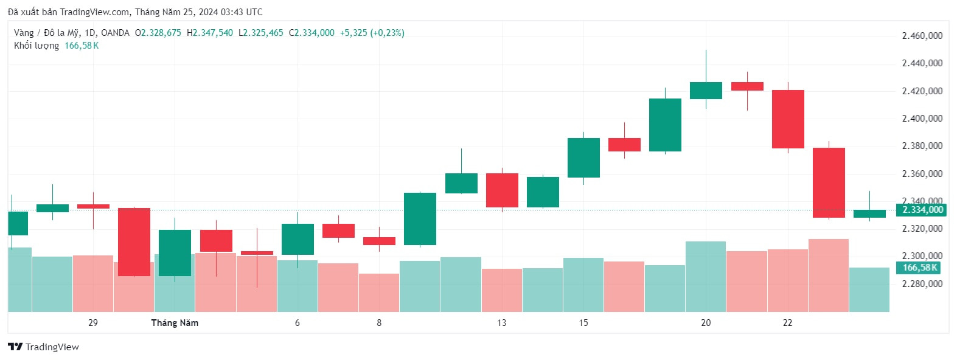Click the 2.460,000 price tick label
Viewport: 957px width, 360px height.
pyautogui.click(x=922, y=36)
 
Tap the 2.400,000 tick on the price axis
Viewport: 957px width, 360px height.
pyautogui.click(x=922, y=119)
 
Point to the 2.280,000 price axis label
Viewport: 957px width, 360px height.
pyautogui.click(x=922, y=284)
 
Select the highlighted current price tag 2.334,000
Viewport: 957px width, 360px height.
pyautogui.click(x=921, y=210)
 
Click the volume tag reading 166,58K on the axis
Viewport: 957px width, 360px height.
pyautogui.click(x=919, y=268)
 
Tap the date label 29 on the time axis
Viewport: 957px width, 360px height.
pyautogui.click(x=93, y=323)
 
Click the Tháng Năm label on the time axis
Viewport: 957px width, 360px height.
pyautogui.click(x=175, y=323)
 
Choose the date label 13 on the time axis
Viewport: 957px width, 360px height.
pyautogui.click(x=501, y=323)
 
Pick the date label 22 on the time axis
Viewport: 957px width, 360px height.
pyautogui.click(x=787, y=323)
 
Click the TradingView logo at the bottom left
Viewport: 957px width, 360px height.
pyautogui.click(x=43, y=347)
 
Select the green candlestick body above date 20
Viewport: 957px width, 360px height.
pyautogui.click(x=706, y=91)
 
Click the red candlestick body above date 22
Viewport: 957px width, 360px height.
pyautogui.click(x=788, y=119)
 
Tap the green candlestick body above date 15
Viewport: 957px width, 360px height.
pyautogui.click(x=583, y=157)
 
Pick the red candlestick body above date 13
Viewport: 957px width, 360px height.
pyautogui.click(x=502, y=190)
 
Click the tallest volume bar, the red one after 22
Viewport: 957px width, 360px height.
pyautogui.click(x=828, y=275)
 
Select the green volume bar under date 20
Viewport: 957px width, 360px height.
pyautogui.click(x=706, y=277)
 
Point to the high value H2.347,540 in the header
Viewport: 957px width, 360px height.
pyautogui.click(x=210, y=33)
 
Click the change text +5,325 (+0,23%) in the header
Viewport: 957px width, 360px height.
pyautogui.click(x=372, y=33)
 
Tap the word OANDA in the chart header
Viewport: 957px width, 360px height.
pyautogui.click(x=115, y=33)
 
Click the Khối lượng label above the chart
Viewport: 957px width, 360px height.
pyautogui.click(x=37, y=46)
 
